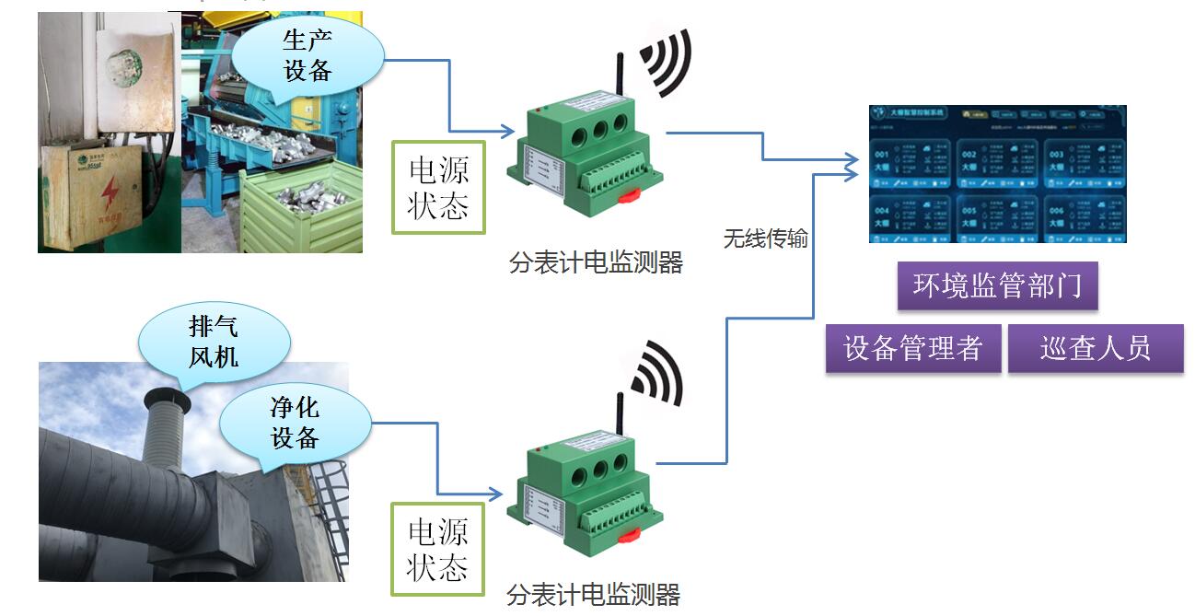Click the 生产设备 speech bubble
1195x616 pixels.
coord(307,54)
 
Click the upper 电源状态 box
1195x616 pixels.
coord(437,187)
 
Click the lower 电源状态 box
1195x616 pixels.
coord(437,549)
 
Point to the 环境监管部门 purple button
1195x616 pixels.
coord(997,286)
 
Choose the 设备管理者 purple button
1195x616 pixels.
coord(912,348)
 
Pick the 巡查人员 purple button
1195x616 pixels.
coord(1095,348)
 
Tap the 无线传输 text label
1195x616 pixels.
coord(765,239)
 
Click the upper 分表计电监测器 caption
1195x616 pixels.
coord(596,263)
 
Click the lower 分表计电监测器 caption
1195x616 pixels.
coord(593,595)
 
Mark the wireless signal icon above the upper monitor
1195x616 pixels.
coord(665,63)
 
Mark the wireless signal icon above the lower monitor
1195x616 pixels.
coord(656,373)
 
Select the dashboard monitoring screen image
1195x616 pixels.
coord(997,174)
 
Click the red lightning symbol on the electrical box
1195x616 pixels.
coord(110,190)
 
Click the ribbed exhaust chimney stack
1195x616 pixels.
coord(167,433)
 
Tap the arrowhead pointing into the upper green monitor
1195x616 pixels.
coord(508,132)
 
